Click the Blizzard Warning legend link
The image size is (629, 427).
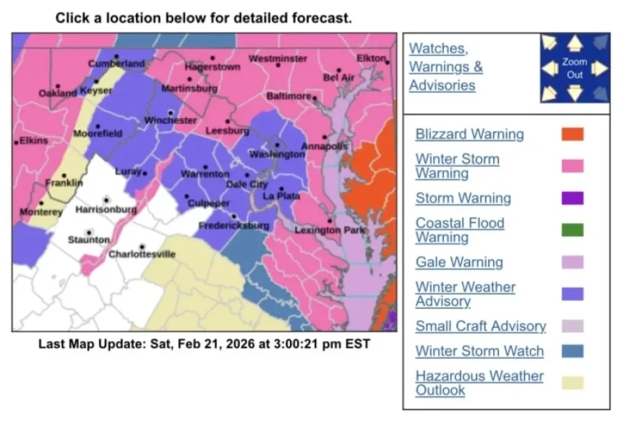(469, 135)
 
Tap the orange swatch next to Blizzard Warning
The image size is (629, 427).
(572, 135)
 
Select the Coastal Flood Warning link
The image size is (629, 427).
(459, 230)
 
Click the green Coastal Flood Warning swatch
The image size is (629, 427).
(572, 230)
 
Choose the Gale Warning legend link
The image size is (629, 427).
(459, 262)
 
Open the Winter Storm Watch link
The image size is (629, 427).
(479, 351)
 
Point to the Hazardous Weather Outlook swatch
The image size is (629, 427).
(572, 383)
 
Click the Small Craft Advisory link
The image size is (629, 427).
(481, 326)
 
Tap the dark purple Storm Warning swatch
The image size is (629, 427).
(572, 198)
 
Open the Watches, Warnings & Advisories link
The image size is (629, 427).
(445, 67)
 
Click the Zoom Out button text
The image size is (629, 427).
(575, 69)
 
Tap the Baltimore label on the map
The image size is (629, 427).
(288, 96)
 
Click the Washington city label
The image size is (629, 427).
(277, 155)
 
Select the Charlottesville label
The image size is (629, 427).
(142, 254)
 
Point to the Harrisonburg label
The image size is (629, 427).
(106, 210)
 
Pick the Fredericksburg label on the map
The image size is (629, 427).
(233, 226)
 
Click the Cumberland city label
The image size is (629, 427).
(116, 64)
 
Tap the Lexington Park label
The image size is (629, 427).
(330, 230)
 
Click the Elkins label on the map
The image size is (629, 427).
(33, 140)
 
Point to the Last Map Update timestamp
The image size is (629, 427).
(204, 344)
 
